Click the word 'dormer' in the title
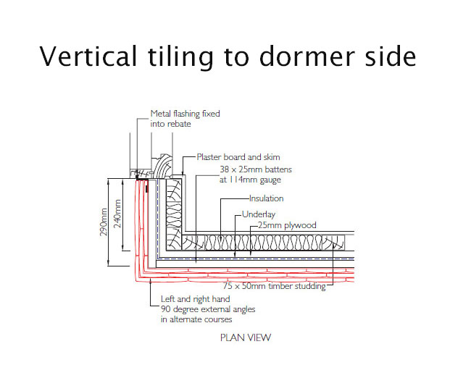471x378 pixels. coord(307,56)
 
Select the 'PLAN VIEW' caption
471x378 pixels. coord(246,337)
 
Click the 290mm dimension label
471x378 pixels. coord(104,222)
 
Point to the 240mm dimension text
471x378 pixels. coord(117,214)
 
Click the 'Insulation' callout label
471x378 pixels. coord(266,198)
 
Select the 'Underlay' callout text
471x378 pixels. coord(259,214)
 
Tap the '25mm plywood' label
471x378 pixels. coord(287,225)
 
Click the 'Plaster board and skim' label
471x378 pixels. coord(238,157)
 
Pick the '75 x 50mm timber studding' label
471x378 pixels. coord(274,286)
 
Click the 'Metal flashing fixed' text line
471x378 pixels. coord(185,114)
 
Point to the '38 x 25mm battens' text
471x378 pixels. coord(256,169)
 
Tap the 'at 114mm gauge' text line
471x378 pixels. coord(250,180)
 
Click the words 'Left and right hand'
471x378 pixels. coord(195,299)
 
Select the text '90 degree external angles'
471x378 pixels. coord(208,309)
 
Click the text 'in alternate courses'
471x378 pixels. coord(196,319)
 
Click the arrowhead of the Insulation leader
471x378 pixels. coord(221,238)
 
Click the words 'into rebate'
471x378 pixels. coord(170,124)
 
